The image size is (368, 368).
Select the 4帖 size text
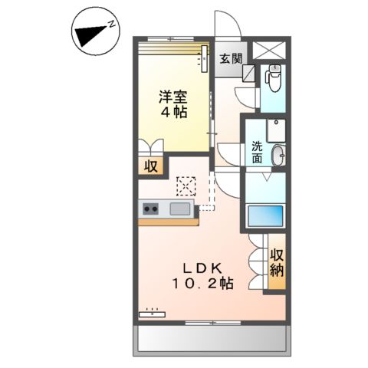(x=174, y=112)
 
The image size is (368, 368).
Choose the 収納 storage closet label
(x=276, y=262)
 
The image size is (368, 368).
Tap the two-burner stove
(x=151, y=208)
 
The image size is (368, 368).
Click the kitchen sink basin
(x=182, y=208)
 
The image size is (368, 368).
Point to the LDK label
(x=202, y=268)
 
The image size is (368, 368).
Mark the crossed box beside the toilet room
(x=271, y=50)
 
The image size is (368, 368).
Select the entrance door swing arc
(x=228, y=23)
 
